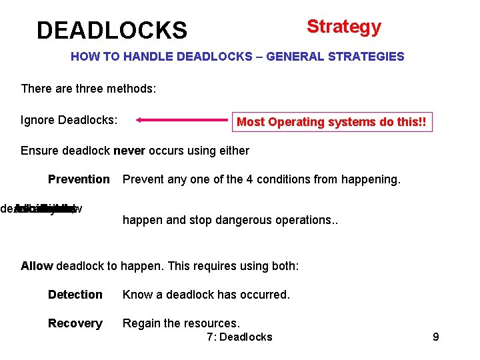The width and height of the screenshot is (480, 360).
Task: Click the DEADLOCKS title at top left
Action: [x=112, y=31]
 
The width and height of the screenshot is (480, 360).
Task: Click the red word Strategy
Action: [x=343, y=27]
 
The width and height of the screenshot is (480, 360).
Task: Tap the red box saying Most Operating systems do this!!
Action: [x=331, y=122]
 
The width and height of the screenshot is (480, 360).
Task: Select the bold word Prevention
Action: [x=79, y=179]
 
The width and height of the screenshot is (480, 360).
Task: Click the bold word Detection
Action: [x=75, y=295]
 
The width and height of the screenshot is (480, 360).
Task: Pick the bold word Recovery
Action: [x=75, y=323]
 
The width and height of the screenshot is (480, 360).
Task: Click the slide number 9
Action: [x=435, y=337]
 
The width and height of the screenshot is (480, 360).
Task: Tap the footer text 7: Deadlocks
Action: [x=239, y=337]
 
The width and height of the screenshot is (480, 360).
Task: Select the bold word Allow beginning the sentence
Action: [x=37, y=266]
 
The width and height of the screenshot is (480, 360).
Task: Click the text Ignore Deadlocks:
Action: [x=69, y=121]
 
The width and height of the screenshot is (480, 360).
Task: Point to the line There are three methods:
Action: [x=89, y=89]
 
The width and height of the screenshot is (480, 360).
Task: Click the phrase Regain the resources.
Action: [x=181, y=323]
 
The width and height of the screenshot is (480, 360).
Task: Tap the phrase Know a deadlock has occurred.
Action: [x=206, y=295]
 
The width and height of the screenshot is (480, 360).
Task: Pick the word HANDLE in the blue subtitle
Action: [x=142, y=57]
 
